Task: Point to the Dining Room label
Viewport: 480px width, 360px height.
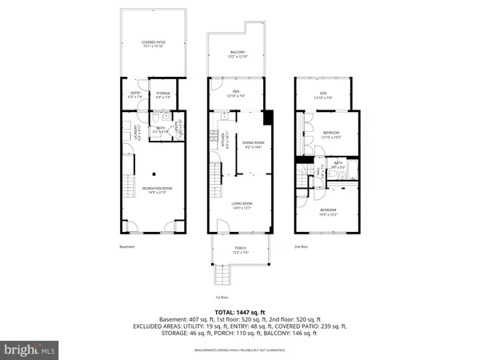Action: click(254, 144)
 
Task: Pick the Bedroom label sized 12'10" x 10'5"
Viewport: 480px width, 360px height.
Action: click(332, 134)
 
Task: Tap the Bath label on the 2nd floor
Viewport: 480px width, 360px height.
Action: click(339, 165)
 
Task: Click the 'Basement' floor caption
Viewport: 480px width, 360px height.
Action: click(127, 247)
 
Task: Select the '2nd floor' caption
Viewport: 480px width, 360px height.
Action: click(301, 247)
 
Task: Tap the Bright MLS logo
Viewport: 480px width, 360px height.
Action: click(31, 349)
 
